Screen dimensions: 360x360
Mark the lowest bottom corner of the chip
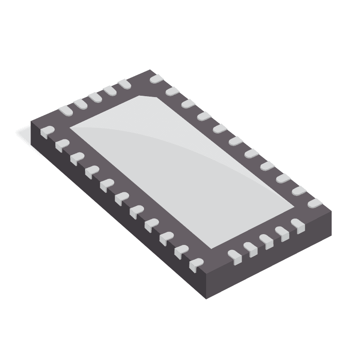coord(207,298)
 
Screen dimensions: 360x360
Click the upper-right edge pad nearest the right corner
coord(315,204)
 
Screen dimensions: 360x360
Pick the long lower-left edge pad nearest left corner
coord(47,131)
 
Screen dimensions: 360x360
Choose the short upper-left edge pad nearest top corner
coord(125,84)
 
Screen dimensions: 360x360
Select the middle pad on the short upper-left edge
coord(95,97)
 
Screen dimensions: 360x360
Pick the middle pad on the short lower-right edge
coord(266,241)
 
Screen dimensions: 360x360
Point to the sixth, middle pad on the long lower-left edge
coord(121,197)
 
